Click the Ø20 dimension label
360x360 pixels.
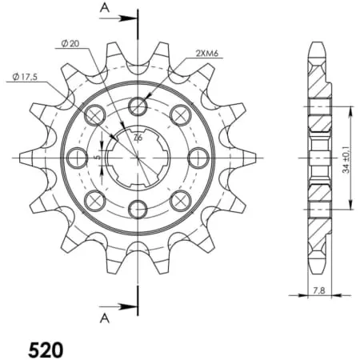click(70, 43)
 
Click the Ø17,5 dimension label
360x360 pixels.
click(25, 77)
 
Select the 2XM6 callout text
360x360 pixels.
click(207, 54)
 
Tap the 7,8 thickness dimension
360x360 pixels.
click(319, 290)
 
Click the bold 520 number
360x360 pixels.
click(46, 350)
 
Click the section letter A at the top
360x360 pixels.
click(104, 8)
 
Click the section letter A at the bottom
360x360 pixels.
click(104, 318)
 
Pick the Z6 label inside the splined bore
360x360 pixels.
click(138, 138)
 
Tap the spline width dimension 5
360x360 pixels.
click(98, 158)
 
